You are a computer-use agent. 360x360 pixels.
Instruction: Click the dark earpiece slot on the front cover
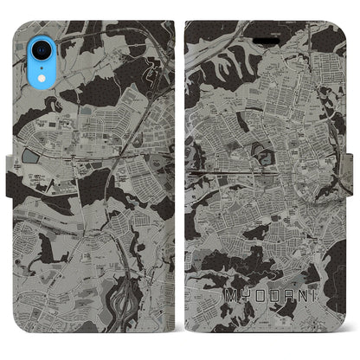[262, 16]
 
